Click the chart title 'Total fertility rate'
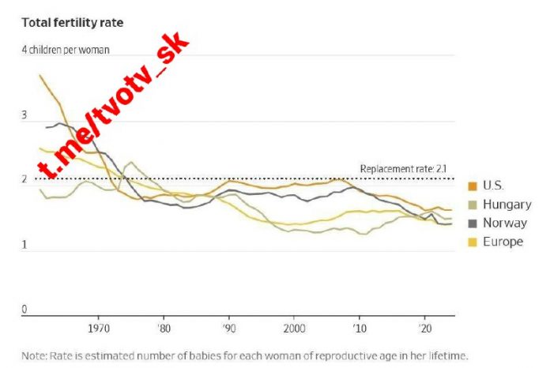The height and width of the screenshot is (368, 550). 73,22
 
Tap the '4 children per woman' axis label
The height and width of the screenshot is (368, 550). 66,49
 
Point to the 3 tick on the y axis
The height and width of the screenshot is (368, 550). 24,115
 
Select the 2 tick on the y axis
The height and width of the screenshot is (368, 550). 24,180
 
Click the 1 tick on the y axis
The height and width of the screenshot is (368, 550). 24,246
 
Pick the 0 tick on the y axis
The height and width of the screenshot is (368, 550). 24,310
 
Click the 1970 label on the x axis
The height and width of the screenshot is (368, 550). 99,327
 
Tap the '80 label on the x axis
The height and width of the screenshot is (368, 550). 164,327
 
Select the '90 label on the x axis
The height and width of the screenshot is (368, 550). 229,327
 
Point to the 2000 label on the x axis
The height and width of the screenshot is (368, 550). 294,327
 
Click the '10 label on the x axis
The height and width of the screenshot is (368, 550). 360,327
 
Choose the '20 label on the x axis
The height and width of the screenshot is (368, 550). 424,327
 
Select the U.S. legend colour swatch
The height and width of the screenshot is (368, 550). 473,186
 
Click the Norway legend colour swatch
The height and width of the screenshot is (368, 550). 473,223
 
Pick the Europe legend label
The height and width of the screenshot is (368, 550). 503,242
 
